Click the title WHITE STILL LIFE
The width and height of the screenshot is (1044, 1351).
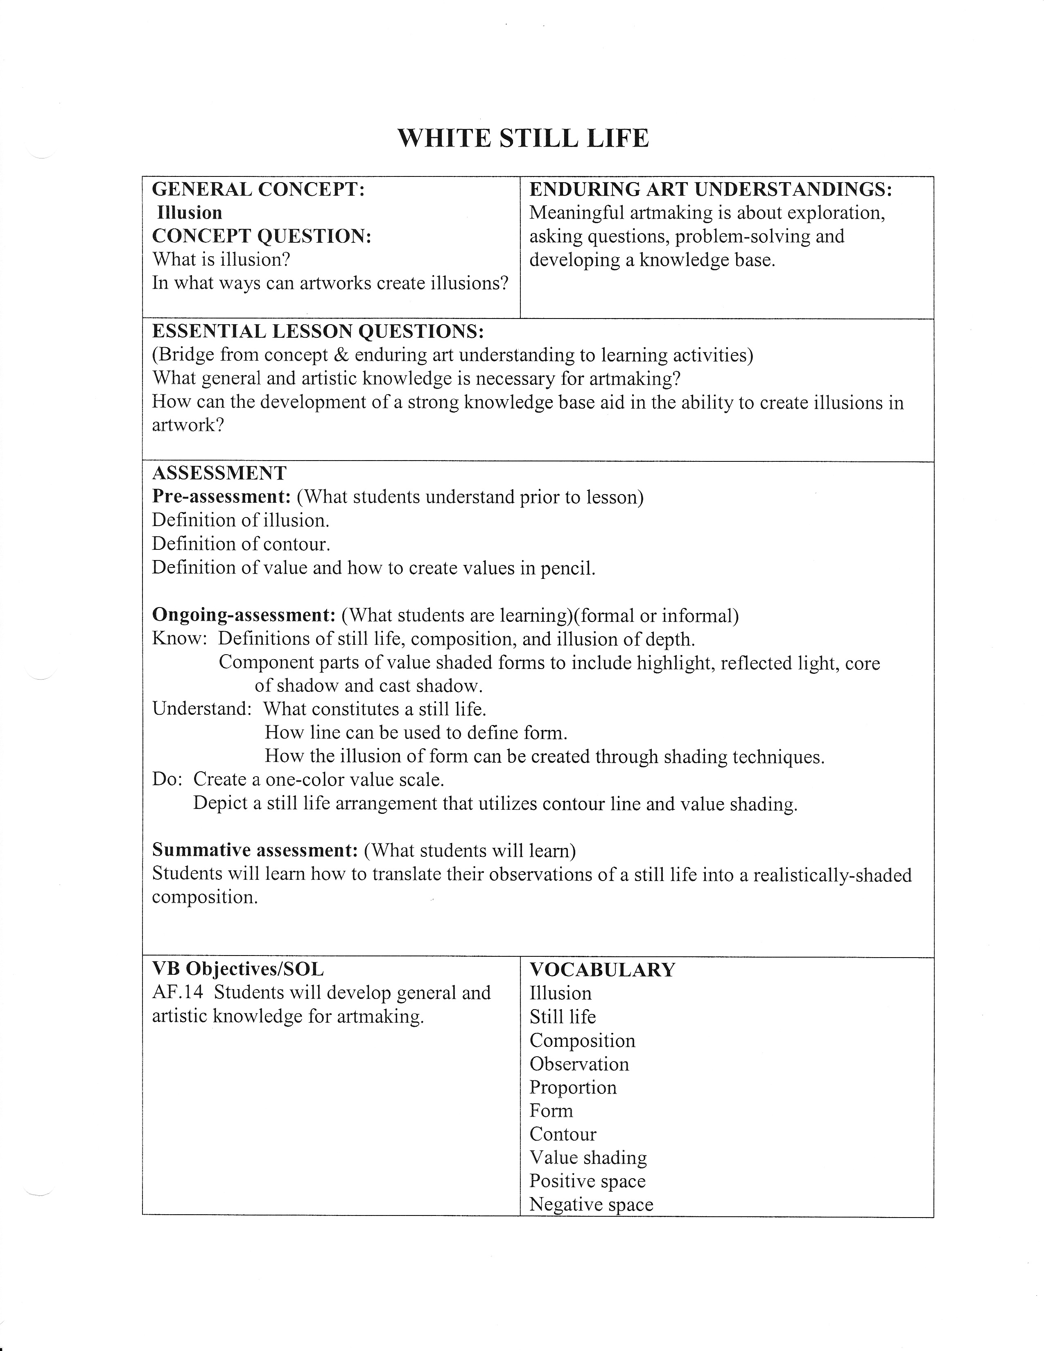click(523, 138)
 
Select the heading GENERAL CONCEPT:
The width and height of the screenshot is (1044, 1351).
click(258, 189)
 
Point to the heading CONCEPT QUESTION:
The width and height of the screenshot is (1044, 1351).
click(262, 236)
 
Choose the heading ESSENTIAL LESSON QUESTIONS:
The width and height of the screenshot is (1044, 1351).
click(318, 332)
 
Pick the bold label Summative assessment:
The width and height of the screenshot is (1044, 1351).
click(255, 851)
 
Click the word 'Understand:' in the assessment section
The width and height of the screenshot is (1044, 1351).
click(201, 709)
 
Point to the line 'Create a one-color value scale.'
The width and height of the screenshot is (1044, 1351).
click(319, 779)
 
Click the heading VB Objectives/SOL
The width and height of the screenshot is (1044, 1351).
click(237, 969)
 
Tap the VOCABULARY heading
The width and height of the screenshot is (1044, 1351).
click(602, 969)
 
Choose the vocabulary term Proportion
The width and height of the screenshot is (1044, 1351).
click(573, 1087)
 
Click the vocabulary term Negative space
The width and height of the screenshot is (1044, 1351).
click(591, 1205)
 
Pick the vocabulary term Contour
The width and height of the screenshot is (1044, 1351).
click(563, 1134)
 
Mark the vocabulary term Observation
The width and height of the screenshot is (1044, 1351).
click(579, 1064)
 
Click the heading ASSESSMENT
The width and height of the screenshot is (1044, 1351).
click(219, 473)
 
